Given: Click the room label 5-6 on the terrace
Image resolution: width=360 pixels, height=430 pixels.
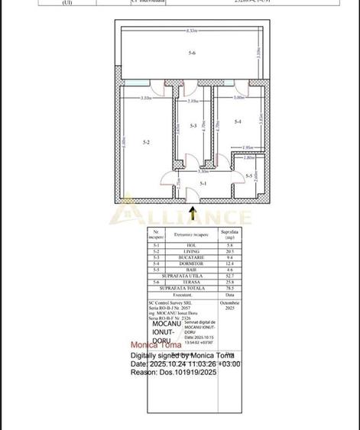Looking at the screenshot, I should (192, 53).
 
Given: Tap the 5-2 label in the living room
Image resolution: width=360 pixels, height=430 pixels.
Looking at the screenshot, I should (146, 141).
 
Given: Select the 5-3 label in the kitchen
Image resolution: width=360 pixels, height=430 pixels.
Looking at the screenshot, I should (194, 125).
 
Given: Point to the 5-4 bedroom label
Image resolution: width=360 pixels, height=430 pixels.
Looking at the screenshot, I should (238, 122).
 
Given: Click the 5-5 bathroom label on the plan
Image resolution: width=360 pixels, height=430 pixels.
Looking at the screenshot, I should (249, 176).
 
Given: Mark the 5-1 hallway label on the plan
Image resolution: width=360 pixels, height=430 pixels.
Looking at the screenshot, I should (203, 183).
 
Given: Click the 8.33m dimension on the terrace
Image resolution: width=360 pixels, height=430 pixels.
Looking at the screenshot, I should (190, 31).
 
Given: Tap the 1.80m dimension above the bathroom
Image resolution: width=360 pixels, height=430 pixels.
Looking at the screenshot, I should (249, 158).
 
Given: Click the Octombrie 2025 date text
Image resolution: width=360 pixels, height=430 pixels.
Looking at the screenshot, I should (229, 306).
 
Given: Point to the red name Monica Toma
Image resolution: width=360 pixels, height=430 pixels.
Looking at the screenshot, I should (156, 345).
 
